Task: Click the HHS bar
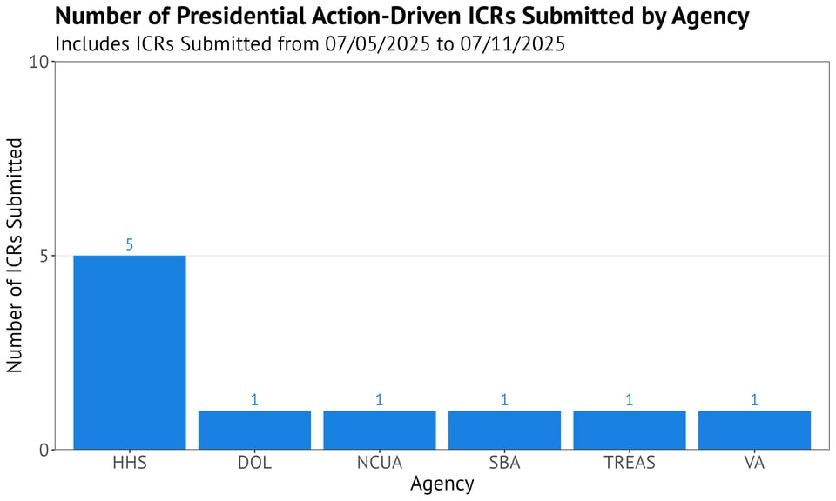click(129, 352)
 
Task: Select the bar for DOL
click(254, 430)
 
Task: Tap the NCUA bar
click(380, 430)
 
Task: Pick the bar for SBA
click(504, 430)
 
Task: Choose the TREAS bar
click(630, 430)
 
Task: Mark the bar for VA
click(754, 430)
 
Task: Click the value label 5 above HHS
click(129, 245)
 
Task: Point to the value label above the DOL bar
click(254, 400)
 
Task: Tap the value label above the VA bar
click(754, 400)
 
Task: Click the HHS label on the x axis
click(129, 463)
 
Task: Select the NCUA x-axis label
click(380, 463)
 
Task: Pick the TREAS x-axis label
click(630, 463)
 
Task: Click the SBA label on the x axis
click(504, 463)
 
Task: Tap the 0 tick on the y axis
click(44, 450)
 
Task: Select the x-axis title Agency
click(442, 484)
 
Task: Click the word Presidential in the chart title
click(211, 17)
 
